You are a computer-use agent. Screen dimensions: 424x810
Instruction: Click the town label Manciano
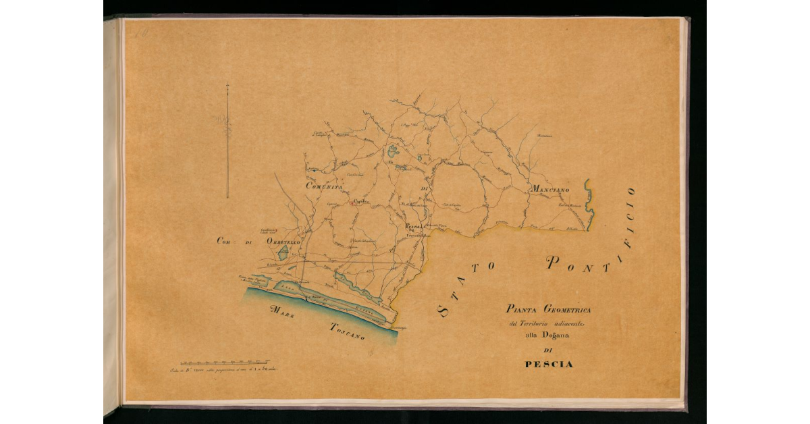(552, 190)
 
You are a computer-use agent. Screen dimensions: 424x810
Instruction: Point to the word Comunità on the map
(325, 187)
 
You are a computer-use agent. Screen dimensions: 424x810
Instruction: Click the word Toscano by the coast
(348, 331)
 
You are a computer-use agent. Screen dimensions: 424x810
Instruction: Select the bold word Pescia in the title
(549, 365)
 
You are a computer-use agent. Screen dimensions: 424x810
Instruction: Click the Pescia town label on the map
(412, 227)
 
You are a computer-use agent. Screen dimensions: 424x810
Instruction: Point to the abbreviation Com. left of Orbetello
(225, 241)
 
